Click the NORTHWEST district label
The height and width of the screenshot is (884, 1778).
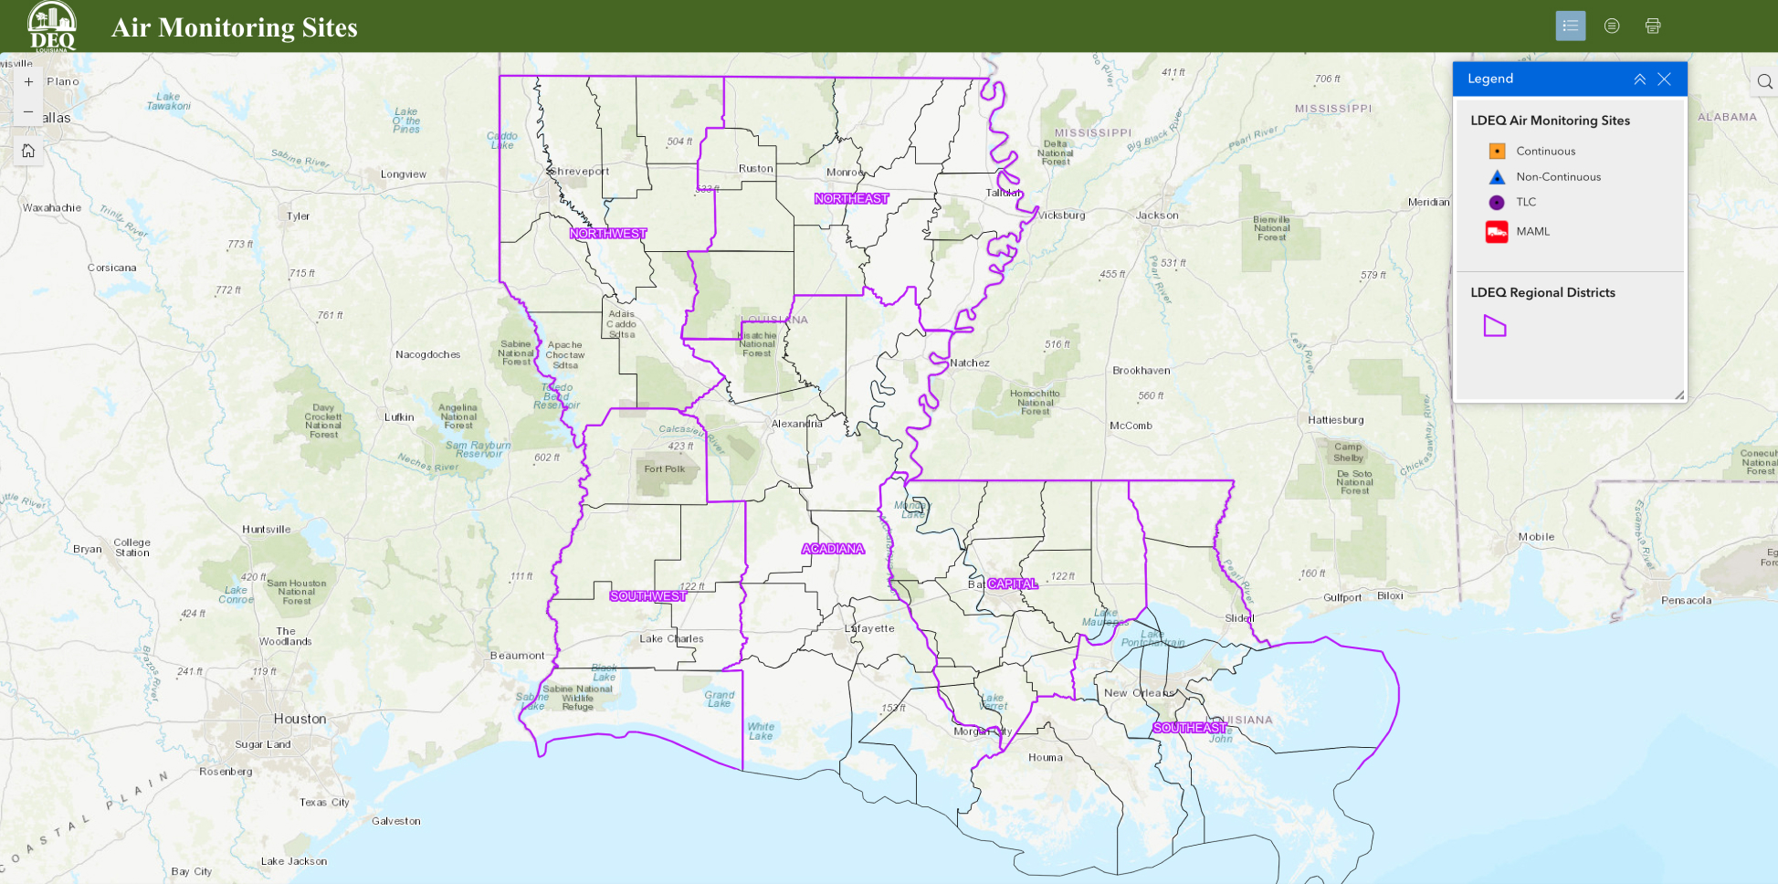[608, 234]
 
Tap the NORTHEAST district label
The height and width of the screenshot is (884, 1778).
[851, 198]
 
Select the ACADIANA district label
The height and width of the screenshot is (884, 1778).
[833, 549]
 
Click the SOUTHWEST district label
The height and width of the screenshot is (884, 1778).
[647, 596]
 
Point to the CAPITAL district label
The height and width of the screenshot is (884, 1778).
[1013, 584]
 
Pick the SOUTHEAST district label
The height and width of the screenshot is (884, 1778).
[1189, 728]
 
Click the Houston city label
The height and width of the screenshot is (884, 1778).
[300, 719]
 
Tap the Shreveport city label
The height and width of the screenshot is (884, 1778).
[579, 171]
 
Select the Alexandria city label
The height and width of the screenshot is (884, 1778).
[796, 424]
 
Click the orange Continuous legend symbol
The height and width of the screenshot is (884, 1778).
[1497, 151]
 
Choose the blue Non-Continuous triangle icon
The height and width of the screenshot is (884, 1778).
[1497, 176]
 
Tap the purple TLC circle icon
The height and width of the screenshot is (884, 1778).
[1497, 202]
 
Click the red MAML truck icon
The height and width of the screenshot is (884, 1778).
[1497, 231]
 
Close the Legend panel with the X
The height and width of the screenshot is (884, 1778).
[1664, 79]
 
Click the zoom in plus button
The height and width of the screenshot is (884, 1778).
[28, 81]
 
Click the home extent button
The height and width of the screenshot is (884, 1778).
[28, 151]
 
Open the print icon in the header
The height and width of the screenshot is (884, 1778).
[1652, 26]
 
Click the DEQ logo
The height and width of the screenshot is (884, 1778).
[52, 26]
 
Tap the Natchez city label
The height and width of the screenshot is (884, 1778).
[970, 363]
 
